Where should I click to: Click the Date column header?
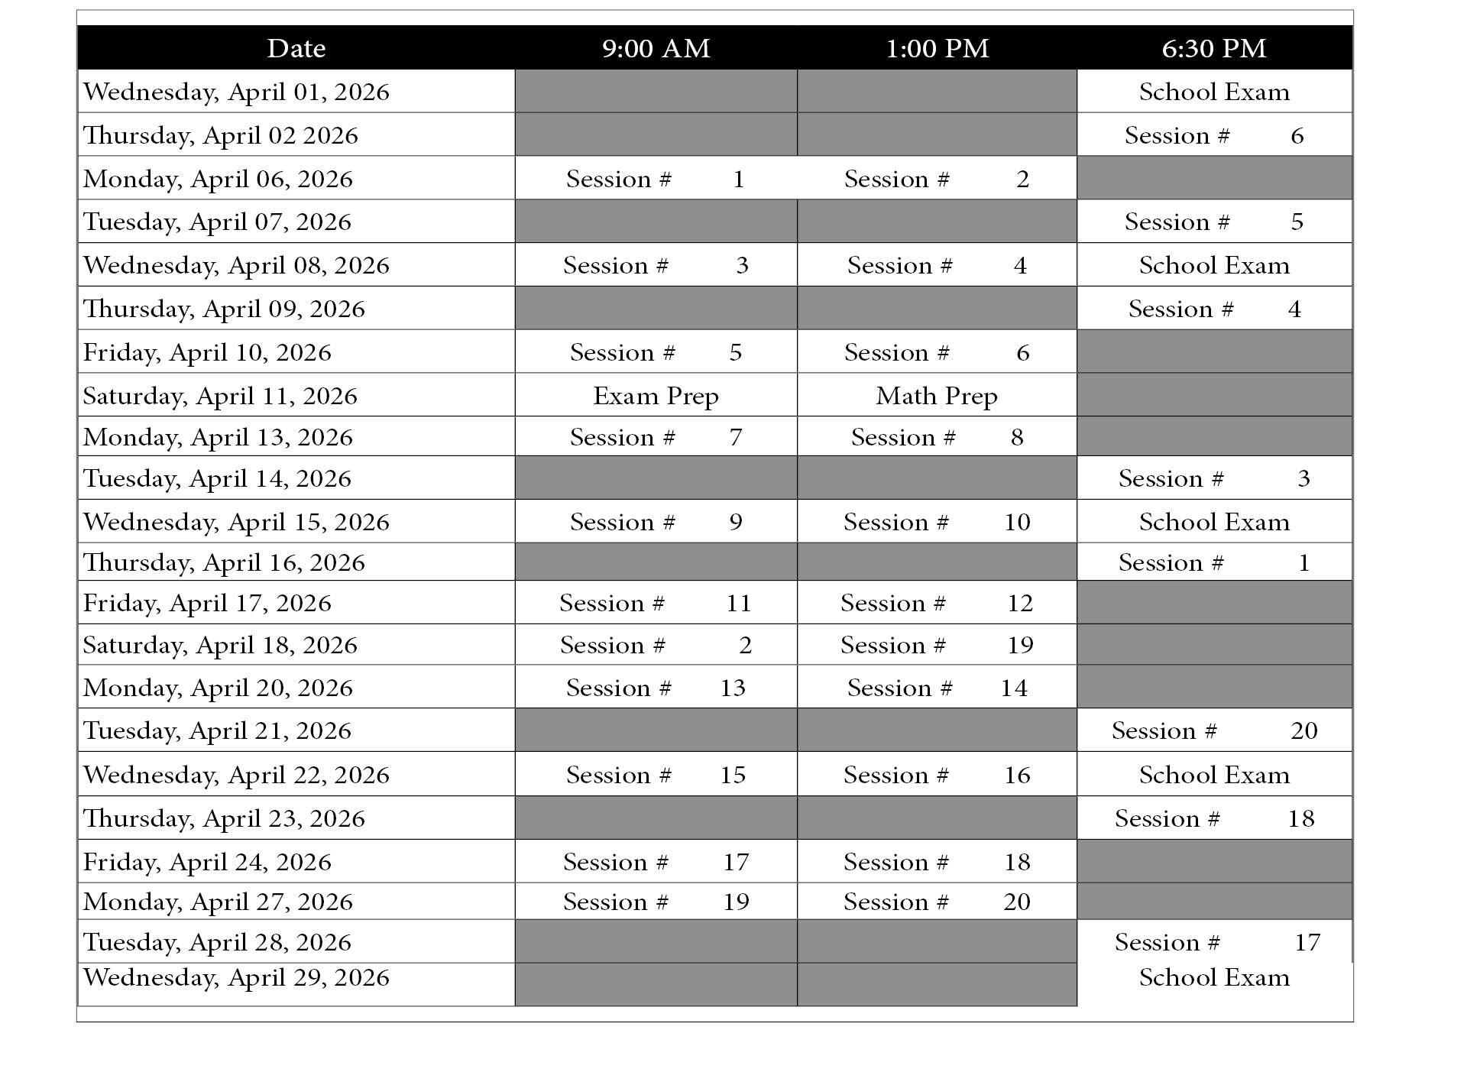pos(296,48)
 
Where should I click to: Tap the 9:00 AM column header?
pos(656,48)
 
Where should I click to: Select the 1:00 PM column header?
pos(937,48)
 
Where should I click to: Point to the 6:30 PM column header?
pos(1213,48)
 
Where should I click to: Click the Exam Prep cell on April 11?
pos(656,396)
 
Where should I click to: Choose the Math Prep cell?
pos(937,396)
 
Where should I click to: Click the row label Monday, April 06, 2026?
pos(218,179)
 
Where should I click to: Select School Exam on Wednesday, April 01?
pos(1213,92)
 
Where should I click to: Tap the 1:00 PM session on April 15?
pos(937,522)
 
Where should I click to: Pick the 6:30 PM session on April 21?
pos(1213,730)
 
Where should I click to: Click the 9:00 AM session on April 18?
pos(656,645)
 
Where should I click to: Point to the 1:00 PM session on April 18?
pos(937,645)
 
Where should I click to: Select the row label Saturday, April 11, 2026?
pos(220,396)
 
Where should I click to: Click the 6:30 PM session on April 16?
pos(1213,562)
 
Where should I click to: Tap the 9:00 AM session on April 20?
pos(656,688)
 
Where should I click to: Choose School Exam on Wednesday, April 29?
pos(1213,977)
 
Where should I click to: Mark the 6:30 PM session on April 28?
pos(1213,942)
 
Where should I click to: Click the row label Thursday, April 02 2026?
pos(220,135)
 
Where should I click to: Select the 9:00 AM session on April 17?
pos(656,603)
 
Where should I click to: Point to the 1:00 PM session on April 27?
pos(937,902)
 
